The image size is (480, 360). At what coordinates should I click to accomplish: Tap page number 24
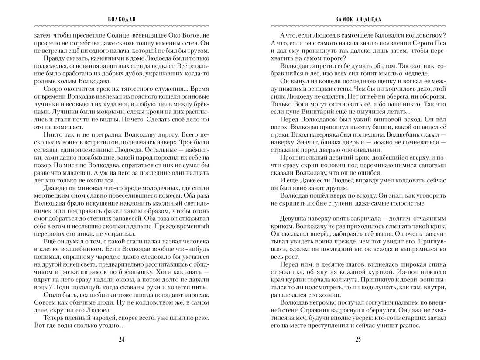121,340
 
